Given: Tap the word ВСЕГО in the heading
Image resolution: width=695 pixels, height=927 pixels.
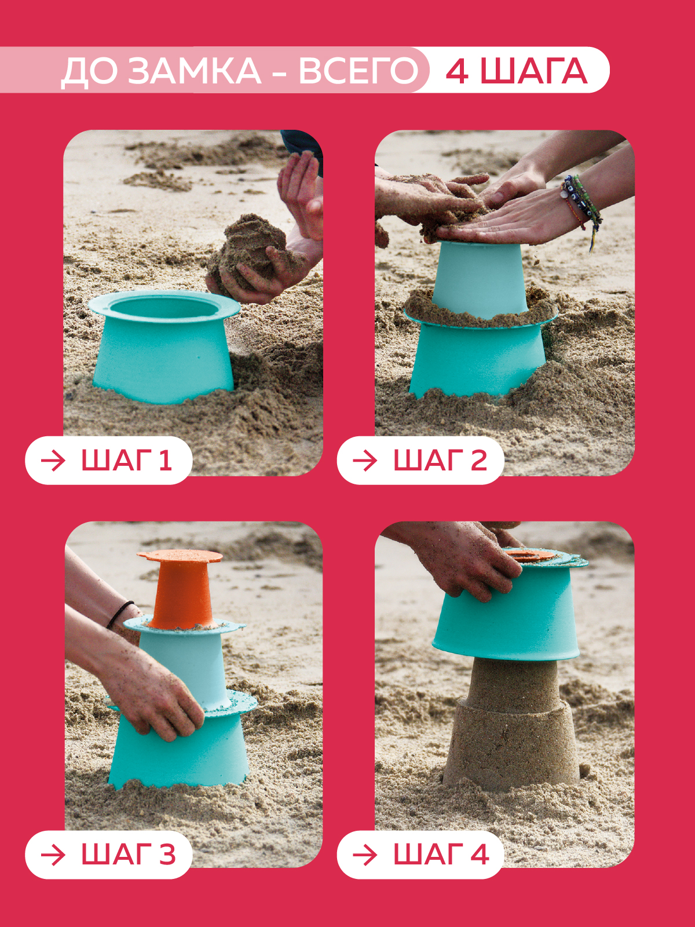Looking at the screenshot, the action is pos(359,71).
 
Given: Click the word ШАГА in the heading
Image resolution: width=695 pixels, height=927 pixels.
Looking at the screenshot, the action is pos(534,71).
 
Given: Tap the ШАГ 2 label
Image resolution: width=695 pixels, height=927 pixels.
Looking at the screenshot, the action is pos(440,461).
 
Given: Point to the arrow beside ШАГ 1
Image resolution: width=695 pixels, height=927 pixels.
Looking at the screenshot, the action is pos(54,461).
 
